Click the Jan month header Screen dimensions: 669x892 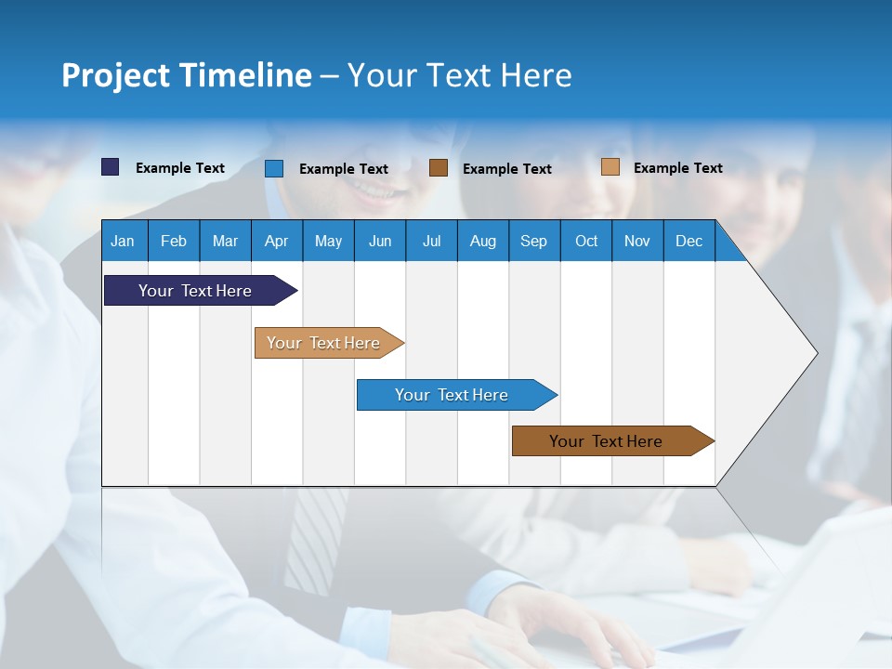123,241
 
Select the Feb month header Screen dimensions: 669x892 174,241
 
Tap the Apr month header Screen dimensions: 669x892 276,241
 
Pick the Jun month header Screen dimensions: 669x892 380,241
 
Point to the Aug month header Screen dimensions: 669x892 482,241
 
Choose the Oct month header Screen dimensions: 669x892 586,241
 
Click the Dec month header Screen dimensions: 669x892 689,241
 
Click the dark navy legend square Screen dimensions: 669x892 111,167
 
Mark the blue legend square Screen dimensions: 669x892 274,168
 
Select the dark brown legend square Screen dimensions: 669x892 439,168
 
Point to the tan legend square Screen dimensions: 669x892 610,167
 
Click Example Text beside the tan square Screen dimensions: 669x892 677,168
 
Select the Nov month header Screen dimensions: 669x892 637,241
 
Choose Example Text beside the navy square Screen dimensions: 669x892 180,168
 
